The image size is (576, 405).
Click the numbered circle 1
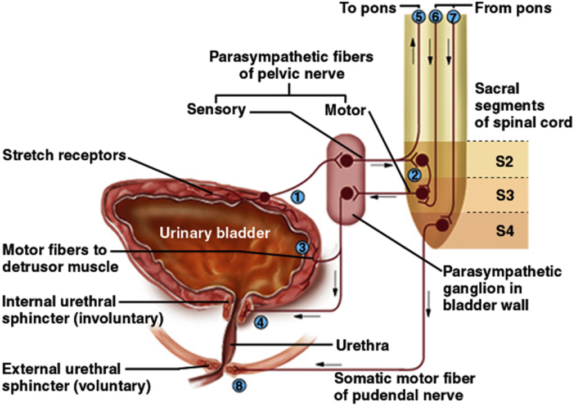(299, 196)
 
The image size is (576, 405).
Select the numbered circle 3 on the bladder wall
(303, 247)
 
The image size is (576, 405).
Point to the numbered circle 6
(435, 17)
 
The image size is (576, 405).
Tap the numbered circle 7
(453, 17)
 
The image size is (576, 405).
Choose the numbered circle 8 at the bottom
(238, 385)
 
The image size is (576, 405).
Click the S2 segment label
(504, 161)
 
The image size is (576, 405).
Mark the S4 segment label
(504, 231)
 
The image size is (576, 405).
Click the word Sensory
(216, 110)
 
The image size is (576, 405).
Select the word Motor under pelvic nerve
(345, 110)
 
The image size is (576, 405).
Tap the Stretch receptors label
(63, 155)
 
